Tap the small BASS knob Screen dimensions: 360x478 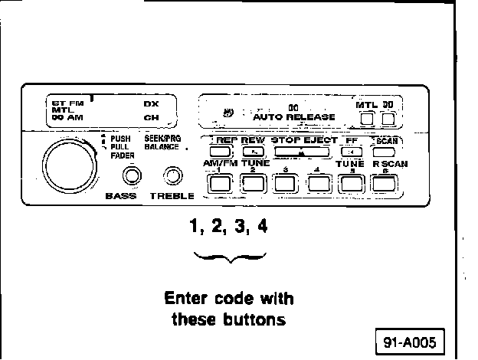coord(133,177)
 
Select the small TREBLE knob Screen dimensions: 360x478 coord(175,178)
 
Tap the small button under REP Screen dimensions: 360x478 coord(224,152)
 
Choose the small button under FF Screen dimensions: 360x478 coord(351,152)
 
